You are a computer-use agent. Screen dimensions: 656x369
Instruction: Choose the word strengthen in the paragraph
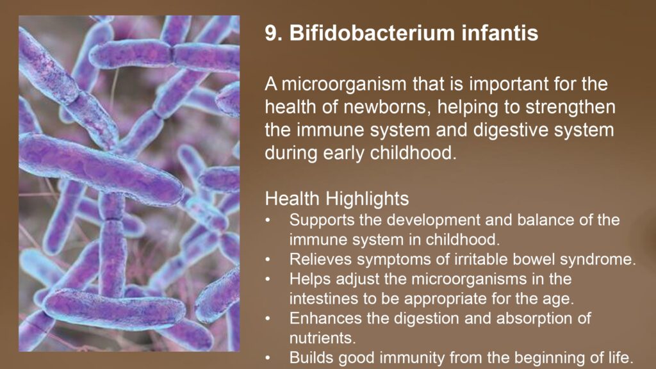tap(571, 108)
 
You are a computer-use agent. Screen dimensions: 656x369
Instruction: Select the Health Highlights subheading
tap(337, 199)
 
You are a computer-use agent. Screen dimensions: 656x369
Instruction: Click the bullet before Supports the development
tap(268, 220)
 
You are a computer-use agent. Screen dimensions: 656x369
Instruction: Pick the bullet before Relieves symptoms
tap(268, 260)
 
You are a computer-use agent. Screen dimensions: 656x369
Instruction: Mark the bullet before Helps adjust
tap(268, 279)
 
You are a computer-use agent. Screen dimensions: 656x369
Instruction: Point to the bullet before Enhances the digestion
tap(268, 319)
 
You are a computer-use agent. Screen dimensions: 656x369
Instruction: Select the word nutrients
tap(323, 338)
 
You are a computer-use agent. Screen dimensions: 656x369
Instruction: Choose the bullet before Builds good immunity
tap(268, 358)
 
